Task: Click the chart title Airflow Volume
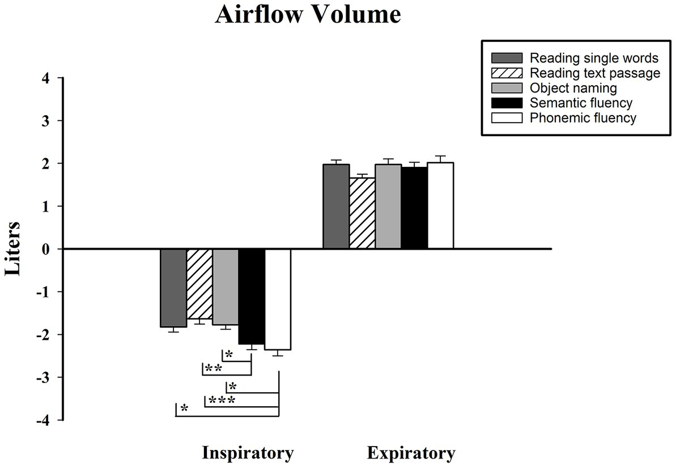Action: click(308, 15)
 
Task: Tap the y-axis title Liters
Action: click(13, 249)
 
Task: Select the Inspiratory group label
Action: click(248, 453)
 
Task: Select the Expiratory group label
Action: click(411, 453)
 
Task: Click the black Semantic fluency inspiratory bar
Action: click(251, 296)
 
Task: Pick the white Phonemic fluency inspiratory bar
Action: click(278, 299)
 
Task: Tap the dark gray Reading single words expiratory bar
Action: click(336, 207)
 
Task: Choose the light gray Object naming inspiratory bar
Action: click(226, 287)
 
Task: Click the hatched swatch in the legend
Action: click(507, 73)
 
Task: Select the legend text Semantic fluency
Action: click(581, 103)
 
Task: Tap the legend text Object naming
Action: click(573, 88)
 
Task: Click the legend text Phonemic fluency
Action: click(583, 118)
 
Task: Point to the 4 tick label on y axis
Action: click(45, 78)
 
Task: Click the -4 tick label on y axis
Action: click(42, 420)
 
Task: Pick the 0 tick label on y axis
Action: click(45, 249)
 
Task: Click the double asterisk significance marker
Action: click(213, 368)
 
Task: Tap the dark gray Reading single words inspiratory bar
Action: click(173, 288)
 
